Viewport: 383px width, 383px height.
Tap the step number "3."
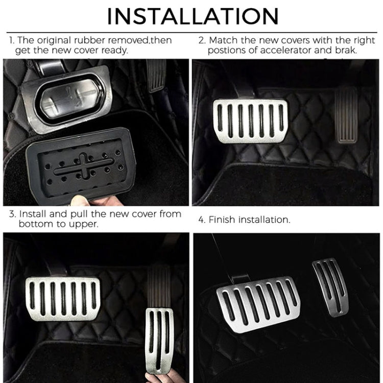(12, 213)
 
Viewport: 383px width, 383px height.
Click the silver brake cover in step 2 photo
(250, 121)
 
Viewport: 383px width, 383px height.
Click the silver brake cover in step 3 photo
(63, 298)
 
